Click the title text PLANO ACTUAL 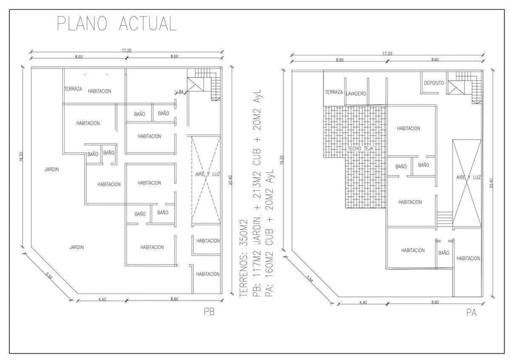point(116,23)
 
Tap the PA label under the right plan point(471,313)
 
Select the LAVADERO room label point(356,94)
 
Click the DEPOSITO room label point(434,83)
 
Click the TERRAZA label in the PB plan point(73,89)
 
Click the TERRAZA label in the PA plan point(333,92)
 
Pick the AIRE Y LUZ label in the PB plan point(205,175)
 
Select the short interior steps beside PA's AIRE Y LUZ point(443,218)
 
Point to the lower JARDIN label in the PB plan point(76,247)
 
